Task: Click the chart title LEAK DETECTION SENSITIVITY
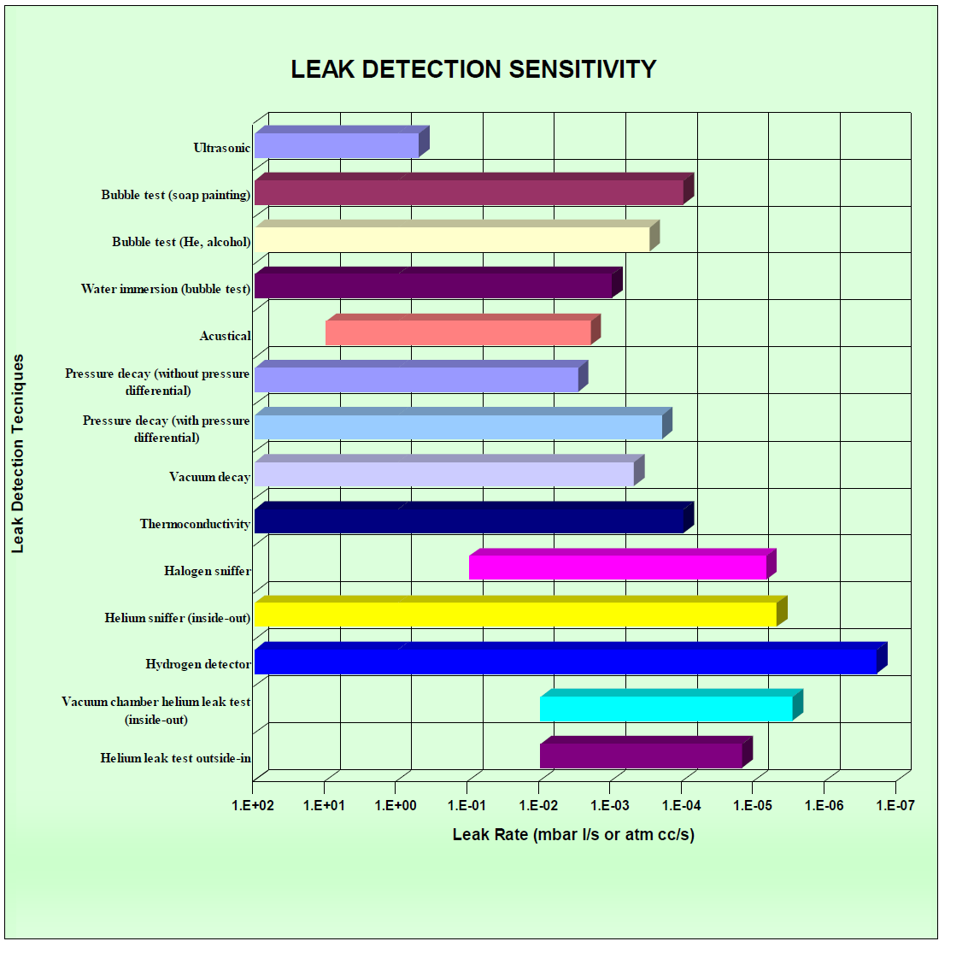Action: tap(473, 69)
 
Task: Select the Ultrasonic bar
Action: tap(337, 145)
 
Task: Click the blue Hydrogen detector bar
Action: tap(566, 661)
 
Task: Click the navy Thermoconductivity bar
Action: tap(469, 520)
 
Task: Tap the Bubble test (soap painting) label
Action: tap(176, 195)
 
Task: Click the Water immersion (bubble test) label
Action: tap(166, 289)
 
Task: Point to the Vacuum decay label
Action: tap(209, 477)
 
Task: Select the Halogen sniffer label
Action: tap(208, 571)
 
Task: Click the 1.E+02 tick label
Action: tap(253, 805)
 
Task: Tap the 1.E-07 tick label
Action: tap(895, 805)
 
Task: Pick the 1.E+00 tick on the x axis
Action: tap(396, 805)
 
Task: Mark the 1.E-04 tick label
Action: tap(682, 805)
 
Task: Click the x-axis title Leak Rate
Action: tap(573, 834)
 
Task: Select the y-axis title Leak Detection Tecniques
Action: tap(18, 454)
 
